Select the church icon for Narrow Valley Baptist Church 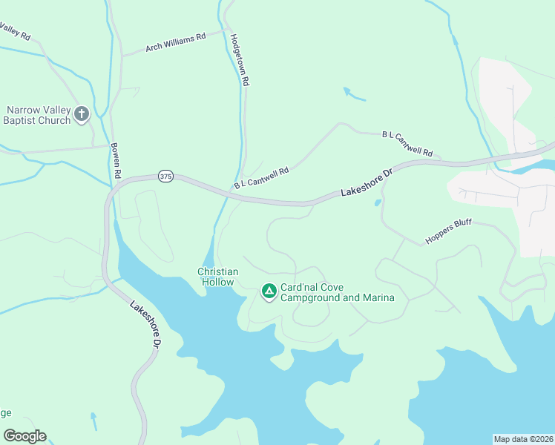point(82,113)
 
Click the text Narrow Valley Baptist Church point(38,115)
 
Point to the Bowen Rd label point(116,160)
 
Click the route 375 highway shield point(165,177)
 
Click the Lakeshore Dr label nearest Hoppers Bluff point(366,182)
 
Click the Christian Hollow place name point(217,277)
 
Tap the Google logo point(24,436)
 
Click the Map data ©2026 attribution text point(523,438)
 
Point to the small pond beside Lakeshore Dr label point(378,202)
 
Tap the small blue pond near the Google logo point(93,421)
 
